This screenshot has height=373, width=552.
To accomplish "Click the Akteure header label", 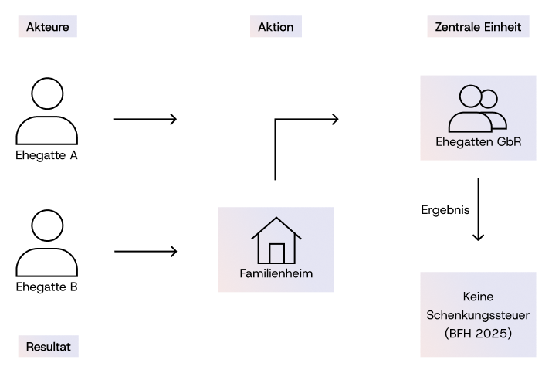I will tap(47, 27).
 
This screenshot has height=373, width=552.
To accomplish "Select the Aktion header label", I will tap(276, 27).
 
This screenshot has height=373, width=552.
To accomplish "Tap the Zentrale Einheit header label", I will tap(478, 27).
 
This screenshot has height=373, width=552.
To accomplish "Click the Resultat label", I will tap(48, 347).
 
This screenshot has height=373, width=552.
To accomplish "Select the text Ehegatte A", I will tap(47, 155).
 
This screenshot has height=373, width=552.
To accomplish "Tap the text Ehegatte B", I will tap(47, 287).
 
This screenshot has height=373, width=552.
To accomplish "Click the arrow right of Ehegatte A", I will tap(145, 119).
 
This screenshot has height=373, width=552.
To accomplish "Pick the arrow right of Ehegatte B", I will tap(145, 251).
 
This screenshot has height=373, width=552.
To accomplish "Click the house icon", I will tap(276, 240).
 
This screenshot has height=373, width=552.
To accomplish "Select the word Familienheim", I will tap(276, 273).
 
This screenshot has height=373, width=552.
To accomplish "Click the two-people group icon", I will tap(477, 108).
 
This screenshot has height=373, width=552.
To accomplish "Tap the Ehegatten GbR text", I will tap(477, 143).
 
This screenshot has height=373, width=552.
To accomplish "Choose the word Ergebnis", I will tap(445, 209).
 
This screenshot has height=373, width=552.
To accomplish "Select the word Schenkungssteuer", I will tap(478, 315).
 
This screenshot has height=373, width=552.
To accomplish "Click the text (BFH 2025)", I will tap(478, 334).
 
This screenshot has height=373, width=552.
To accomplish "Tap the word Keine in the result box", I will tap(478, 297).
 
